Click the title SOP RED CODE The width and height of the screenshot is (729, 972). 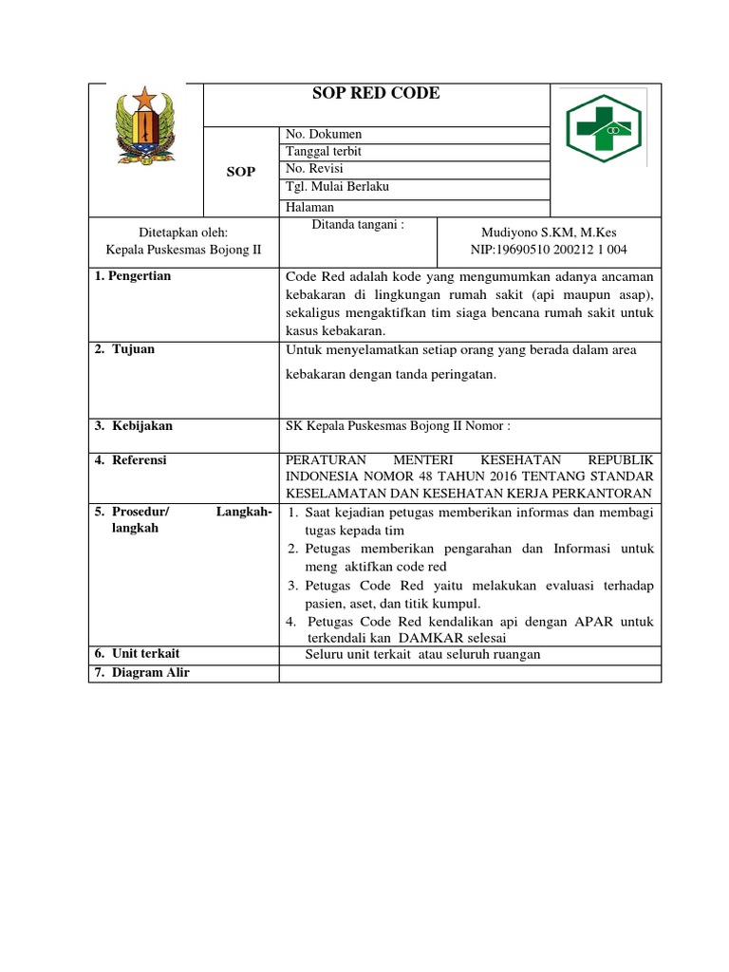tap(376, 94)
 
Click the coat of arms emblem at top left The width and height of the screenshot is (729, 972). tap(146, 128)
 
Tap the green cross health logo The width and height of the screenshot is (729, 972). tap(605, 128)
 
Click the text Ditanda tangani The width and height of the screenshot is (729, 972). tap(359, 225)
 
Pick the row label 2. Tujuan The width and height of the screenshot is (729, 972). tap(124, 349)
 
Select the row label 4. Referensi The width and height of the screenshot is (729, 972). tap(131, 460)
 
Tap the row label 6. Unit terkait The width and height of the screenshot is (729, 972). tap(137, 654)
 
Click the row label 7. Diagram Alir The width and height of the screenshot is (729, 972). tap(142, 673)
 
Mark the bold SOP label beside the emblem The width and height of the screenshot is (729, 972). tap(241, 172)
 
